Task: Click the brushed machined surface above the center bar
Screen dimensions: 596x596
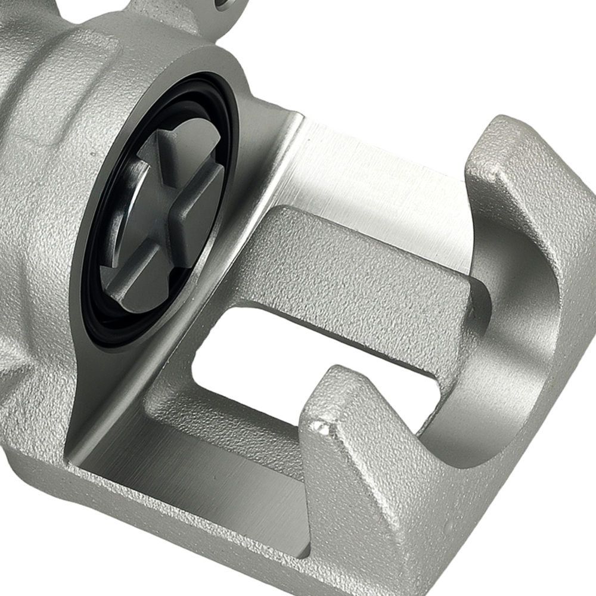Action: pos(381,179)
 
